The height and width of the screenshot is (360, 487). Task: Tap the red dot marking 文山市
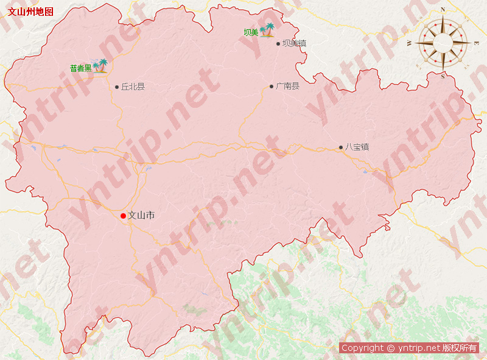pyautogui.click(x=123, y=216)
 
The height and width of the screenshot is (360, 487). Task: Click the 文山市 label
pyautogui.click(x=141, y=215)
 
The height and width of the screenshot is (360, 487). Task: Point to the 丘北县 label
pyautogui.click(x=133, y=86)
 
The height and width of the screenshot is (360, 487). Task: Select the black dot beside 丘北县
pyautogui.click(x=117, y=86)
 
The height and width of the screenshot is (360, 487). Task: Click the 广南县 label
pyautogui.click(x=288, y=86)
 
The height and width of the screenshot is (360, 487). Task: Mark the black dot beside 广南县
pyautogui.click(x=272, y=86)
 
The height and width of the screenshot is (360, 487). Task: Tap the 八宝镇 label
pyautogui.click(x=357, y=147)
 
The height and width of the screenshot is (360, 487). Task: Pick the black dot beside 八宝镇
pyautogui.click(x=341, y=147)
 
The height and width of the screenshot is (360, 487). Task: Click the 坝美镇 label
pyautogui.click(x=294, y=43)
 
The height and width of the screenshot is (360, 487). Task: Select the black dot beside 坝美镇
pyautogui.click(x=278, y=43)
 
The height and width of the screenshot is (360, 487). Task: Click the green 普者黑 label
pyautogui.click(x=80, y=68)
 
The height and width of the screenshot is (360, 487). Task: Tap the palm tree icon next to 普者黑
pyautogui.click(x=100, y=66)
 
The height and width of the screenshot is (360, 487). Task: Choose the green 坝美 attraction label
pyautogui.click(x=251, y=32)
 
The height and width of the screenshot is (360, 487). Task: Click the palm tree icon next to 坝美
pyautogui.click(x=267, y=30)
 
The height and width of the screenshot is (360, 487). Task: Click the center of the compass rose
pyautogui.click(x=443, y=43)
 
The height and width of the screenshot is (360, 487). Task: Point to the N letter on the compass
pyautogui.click(x=443, y=10)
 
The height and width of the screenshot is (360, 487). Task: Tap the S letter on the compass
pyautogui.click(x=443, y=76)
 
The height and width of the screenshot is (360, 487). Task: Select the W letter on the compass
pyautogui.click(x=409, y=43)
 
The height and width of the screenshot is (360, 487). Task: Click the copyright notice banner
pyautogui.click(x=409, y=348)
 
